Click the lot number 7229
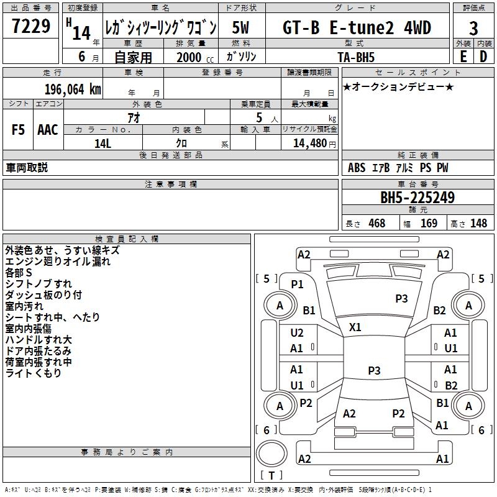click(x=31, y=26)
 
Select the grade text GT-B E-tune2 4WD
click(x=357, y=27)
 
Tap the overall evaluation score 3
click(x=473, y=29)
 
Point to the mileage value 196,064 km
click(x=73, y=89)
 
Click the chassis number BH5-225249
click(x=417, y=198)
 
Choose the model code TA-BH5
click(x=356, y=57)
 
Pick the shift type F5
click(x=18, y=130)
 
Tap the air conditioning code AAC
click(x=48, y=130)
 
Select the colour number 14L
click(x=103, y=144)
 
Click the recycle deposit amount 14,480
click(x=310, y=144)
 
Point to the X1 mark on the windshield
click(x=355, y=327)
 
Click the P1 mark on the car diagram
click(x=298, y=285)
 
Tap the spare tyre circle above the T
click(x=271, y=453)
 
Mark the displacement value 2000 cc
click(x=195, y=57)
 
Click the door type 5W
click(x=240, y=27)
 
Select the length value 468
click(x=377, y=224)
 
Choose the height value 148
click(x=478, y=224)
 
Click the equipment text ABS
click(x=357, y=168)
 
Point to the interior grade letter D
click(x=483, y=57)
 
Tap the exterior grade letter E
click(x=463, y=57)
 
